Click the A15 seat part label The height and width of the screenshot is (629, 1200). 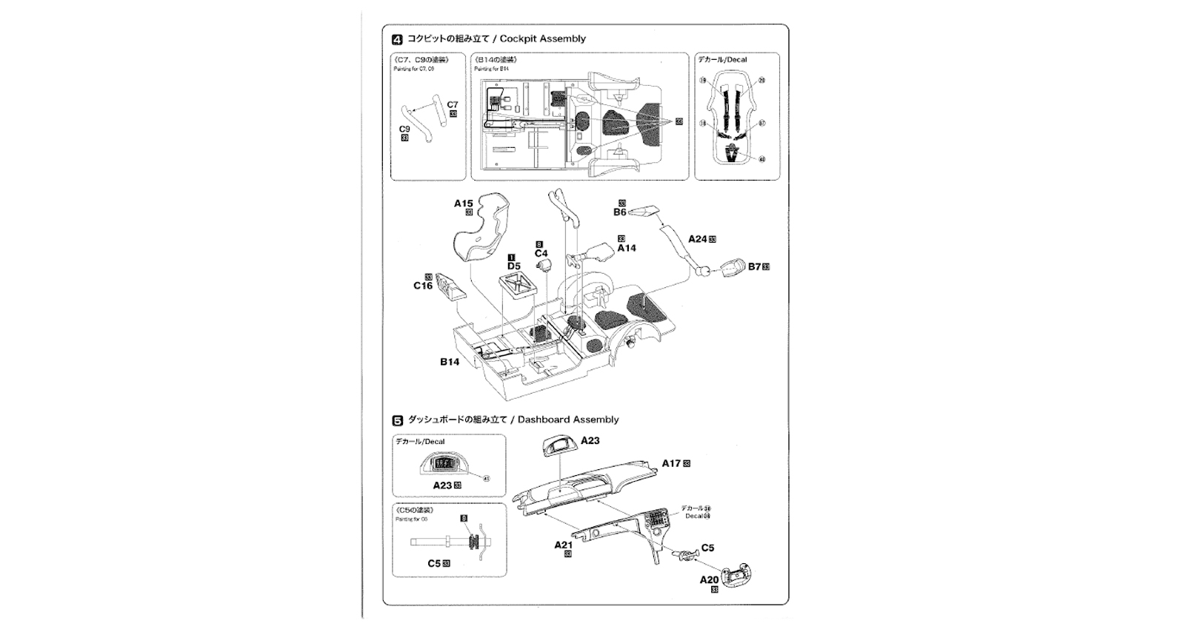click(x=463, y=203)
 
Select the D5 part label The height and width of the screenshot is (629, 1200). click(x=513, y=266)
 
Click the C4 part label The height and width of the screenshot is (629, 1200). click(x=541, y=253)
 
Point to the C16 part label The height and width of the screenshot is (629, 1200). click(x=423, y=286)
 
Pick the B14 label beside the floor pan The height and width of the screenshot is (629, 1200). click(x=450, y=362)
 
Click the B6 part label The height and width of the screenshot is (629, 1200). click(x=620, y=212)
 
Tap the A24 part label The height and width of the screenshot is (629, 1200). click(x=698, y=239)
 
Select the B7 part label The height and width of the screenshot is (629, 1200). click(x=754, y=266)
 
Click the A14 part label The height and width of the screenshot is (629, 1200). click(x=627, y=248)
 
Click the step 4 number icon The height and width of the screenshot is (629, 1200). click(x=397, y=39)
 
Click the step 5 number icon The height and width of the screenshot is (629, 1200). click(x=397, y=420)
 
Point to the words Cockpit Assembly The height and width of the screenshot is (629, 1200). click(x=543, y=38)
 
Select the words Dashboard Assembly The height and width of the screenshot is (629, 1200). click(x=568, y=420)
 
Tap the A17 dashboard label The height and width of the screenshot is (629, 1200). click(x=671, y=463)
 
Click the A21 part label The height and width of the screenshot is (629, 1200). click(x=564, y=545)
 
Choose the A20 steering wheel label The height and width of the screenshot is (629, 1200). click(x=709, y=580)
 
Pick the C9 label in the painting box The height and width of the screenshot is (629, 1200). click(x=404, y=129)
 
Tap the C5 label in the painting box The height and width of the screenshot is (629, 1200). click(x=435, y=563)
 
